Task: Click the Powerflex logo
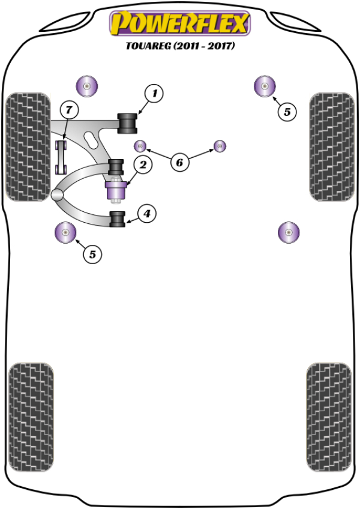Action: point(179,23)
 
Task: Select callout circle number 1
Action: point(154,93)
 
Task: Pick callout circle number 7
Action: point(69,110)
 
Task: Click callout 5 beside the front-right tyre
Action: point(287,111)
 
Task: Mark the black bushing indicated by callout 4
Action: point(117,219)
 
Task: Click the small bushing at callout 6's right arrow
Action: point(220,145)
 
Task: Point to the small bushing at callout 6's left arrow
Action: point(140,145)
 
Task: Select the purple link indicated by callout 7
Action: point(61,157)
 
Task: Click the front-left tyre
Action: point(27,146)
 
